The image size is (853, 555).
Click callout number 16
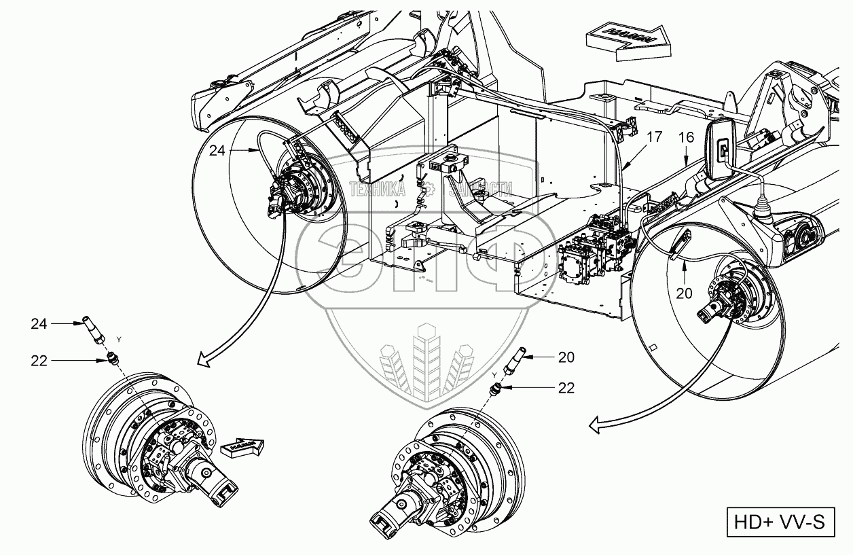686,138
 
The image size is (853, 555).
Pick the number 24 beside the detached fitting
39,324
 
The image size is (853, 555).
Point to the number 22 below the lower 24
39,361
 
